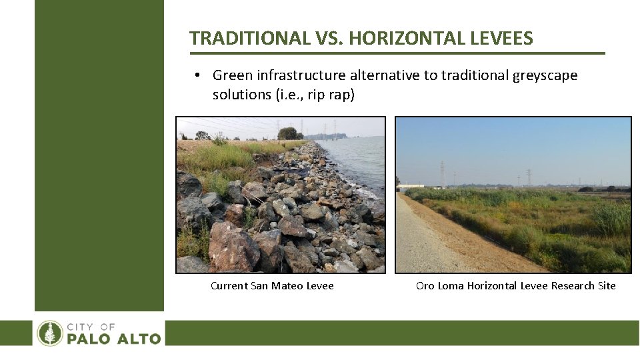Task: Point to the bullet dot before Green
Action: pos(199,76)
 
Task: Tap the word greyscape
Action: pos(545,75)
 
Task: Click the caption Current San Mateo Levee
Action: pos(272,286)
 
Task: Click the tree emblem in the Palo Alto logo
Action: pos(49,333)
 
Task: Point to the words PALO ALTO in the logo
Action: pos(113,339)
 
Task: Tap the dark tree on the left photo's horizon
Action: pos(287,133)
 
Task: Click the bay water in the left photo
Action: pos(360,163)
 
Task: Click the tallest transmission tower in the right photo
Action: pos(442,173)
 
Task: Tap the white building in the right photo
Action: pos(410,186)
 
